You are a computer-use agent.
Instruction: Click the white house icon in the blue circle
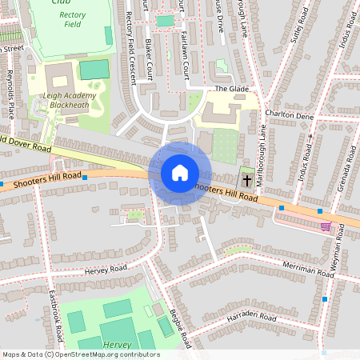coord(179,172)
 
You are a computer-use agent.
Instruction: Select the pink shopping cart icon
coord(326,226)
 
